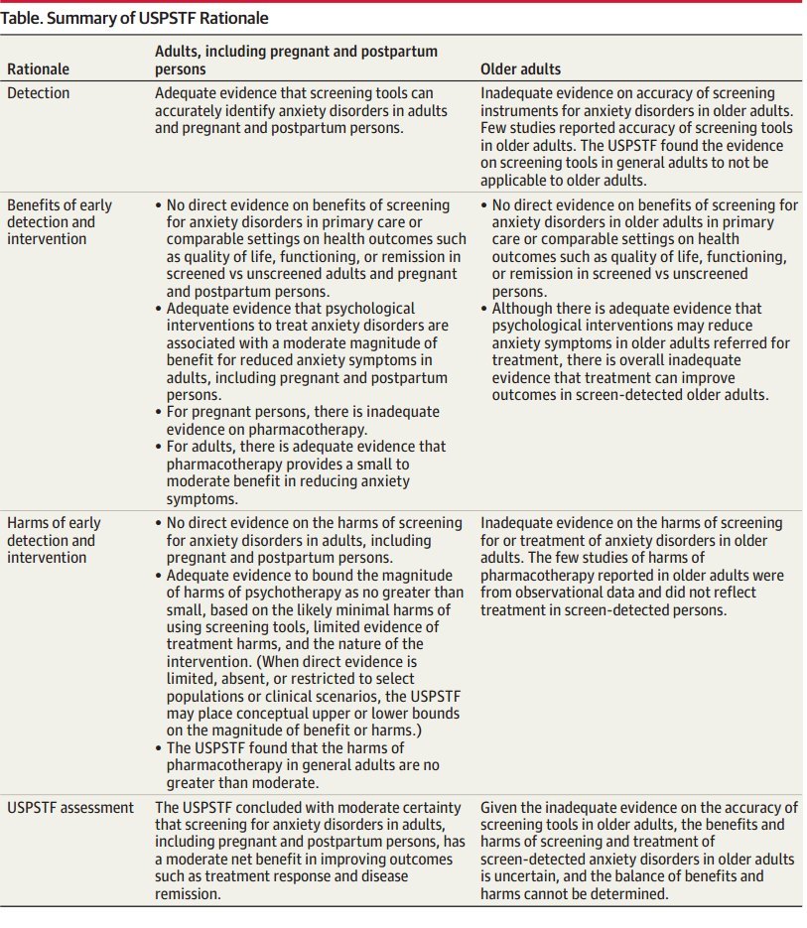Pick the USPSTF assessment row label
point(69,807)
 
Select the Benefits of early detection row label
point(60,221)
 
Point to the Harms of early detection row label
point(55,540)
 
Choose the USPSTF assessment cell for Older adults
point(638,850)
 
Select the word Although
point(525,310)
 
